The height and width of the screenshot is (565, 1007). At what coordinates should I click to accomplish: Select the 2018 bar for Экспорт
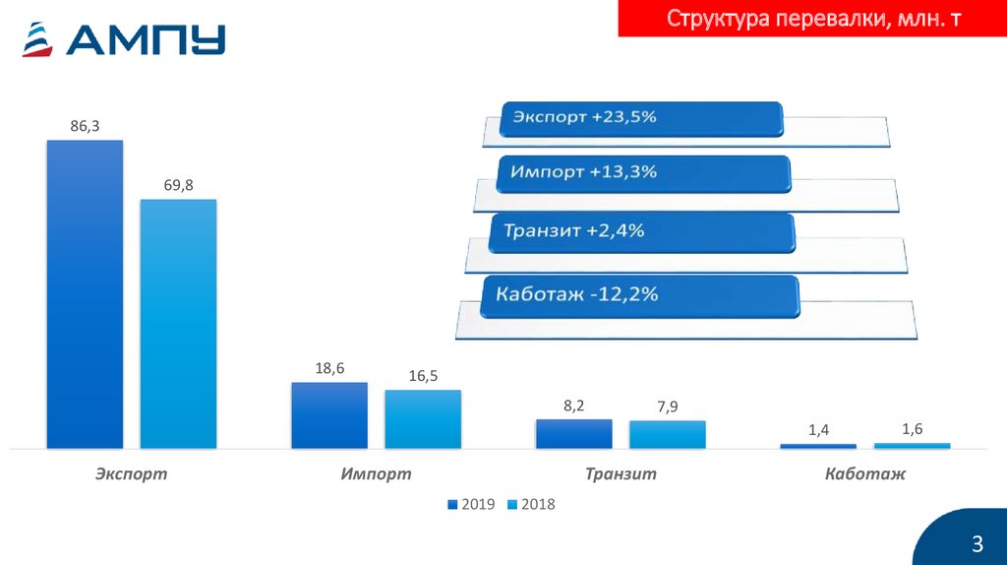178,324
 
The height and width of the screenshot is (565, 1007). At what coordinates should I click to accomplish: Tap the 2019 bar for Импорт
329,415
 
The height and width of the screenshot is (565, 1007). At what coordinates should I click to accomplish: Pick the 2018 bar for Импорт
423,419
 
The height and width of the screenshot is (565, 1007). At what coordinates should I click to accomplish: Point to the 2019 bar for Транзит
574,434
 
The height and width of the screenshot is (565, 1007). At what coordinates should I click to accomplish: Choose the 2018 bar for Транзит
668,434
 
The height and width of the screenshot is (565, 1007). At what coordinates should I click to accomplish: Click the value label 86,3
86,126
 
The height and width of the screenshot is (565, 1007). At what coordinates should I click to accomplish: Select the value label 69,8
178,185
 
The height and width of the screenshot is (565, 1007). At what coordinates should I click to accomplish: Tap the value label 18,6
329,368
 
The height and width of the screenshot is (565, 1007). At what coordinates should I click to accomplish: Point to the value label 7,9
668,407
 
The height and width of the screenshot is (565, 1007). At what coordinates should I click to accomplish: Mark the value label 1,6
912,428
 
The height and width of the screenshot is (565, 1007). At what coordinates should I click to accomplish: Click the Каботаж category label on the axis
865,474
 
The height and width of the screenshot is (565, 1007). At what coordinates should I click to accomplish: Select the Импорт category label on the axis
376,474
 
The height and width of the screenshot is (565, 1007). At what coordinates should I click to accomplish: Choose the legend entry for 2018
531,504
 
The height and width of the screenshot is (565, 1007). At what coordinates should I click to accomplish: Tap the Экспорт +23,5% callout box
641,118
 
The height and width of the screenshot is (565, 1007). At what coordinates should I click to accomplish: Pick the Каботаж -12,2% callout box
640,294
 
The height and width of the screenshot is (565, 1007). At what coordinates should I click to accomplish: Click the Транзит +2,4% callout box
641,232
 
